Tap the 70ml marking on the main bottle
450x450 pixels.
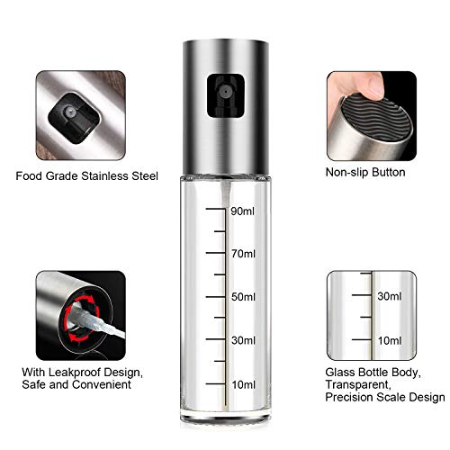[244, 254]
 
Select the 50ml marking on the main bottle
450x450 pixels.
[244, 296]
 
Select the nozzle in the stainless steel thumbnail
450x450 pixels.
[65, 113]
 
